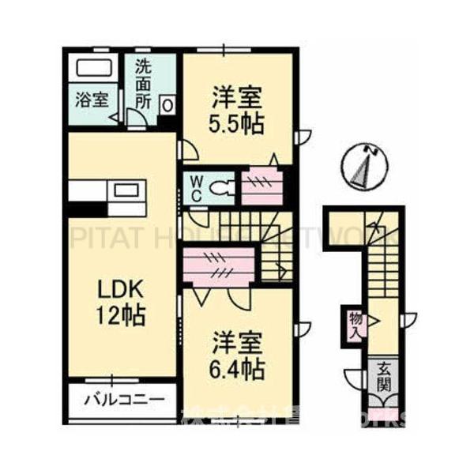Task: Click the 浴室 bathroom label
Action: (x=92, y=100)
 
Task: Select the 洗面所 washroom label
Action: (x=142, y=82)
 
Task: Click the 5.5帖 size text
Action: (x=237, y=124)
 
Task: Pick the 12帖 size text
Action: (x=121, y=316)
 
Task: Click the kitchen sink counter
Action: (x=126, y=191)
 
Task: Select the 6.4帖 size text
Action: (x=237, y=368)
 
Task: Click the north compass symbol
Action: (x=366, y=165)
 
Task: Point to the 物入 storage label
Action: (x=355, y=324)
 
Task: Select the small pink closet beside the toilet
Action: (x=257, y=186)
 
